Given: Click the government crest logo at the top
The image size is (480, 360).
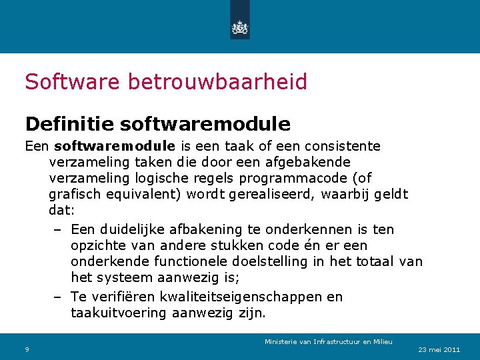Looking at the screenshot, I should click(x=239, y=27).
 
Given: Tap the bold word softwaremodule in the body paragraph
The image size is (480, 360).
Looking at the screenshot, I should click(x=115, y=146).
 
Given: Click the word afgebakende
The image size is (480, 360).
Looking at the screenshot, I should click(x=311, y=162).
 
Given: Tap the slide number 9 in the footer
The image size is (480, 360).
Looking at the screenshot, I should click(x=27, y=350).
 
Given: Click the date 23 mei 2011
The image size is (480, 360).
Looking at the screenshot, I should click(x=439, y=350).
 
